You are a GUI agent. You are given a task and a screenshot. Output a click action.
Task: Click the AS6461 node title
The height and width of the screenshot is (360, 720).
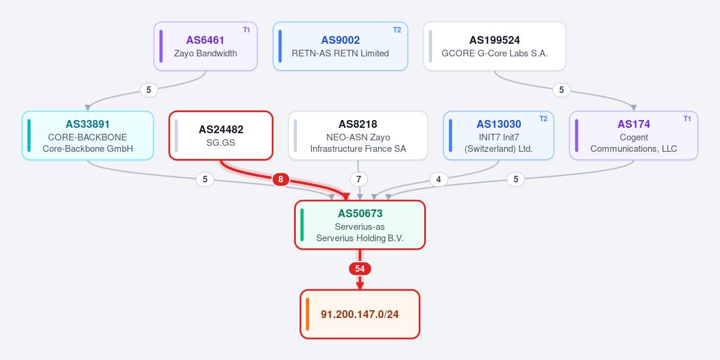coord(205,40)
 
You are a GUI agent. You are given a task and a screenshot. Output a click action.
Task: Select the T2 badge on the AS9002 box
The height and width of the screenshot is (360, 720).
coord(397,30)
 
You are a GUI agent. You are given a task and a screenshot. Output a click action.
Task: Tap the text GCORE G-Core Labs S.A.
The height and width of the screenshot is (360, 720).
coord(494,53)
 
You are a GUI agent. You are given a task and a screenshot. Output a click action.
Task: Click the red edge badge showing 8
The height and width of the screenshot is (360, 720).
coord(281,179)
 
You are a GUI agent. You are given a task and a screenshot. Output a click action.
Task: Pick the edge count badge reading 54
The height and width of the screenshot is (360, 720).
coord(359,269)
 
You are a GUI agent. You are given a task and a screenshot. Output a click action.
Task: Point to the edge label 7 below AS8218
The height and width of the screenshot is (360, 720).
coord(359,179)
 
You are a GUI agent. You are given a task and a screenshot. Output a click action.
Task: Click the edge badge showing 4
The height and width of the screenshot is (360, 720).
coord(439,179)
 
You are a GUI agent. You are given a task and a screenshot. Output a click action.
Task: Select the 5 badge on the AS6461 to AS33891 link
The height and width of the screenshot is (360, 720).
coord(149,89)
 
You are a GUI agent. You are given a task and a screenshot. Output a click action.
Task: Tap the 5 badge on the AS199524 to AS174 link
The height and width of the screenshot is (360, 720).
coord(562,89)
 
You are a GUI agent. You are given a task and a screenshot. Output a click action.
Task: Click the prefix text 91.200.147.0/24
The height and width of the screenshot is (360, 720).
coord(359,314)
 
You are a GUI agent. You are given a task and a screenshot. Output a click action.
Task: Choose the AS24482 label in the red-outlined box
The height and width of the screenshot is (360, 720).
coord(221,130)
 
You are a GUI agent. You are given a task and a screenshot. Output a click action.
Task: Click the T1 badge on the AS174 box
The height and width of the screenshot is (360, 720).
coord(687,119)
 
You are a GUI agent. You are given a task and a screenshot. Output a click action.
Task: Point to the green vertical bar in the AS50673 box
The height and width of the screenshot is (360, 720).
coord(302,224)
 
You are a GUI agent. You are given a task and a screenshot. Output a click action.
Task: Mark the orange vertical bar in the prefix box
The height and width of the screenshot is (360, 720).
coord(307,314)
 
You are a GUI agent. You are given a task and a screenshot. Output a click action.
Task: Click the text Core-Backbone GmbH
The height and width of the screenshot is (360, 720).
coord(88,149)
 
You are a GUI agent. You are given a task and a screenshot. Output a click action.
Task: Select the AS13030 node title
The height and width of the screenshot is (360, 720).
coord(499,124)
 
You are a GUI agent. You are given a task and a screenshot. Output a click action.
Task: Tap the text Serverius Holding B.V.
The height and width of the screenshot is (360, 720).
coord(359,238)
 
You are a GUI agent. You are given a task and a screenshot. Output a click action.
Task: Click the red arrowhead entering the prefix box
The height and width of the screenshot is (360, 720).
coord(359,286)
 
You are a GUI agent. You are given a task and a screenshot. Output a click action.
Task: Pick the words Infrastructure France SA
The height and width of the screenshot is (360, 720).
coord(358,149)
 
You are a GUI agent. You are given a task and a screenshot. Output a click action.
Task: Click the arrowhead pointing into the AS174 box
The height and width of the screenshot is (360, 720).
coord(634,107)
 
